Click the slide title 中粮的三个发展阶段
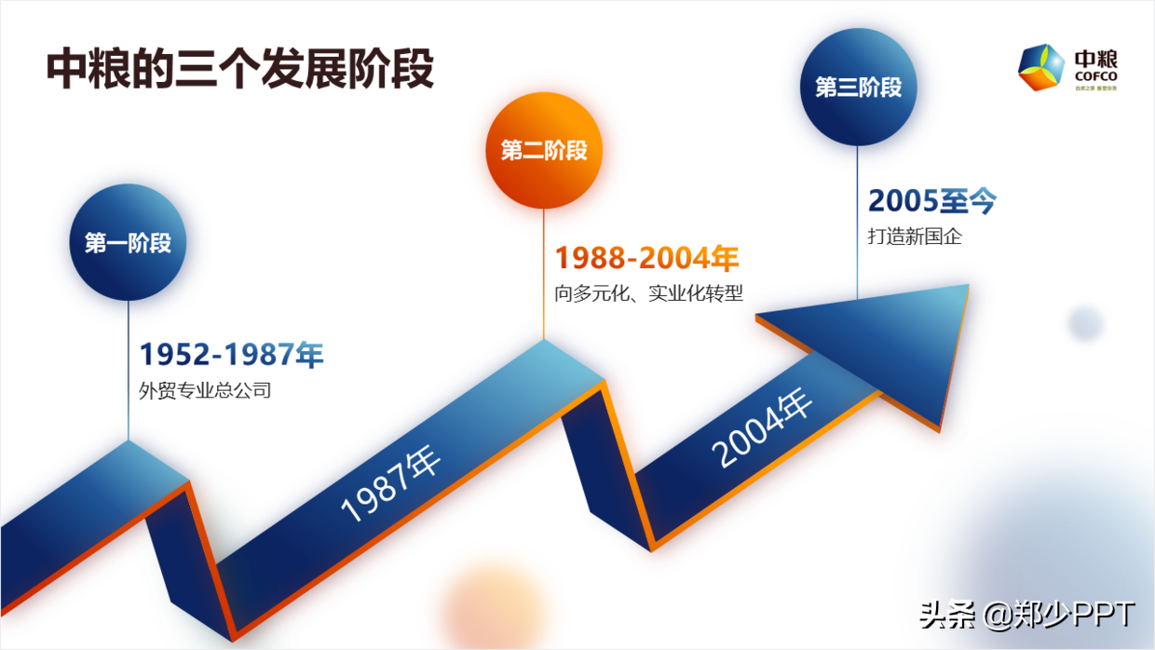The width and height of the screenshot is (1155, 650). point(240,70)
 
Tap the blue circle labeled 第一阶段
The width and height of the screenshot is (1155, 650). point(128,243)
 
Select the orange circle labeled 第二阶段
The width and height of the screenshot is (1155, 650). point(544,150)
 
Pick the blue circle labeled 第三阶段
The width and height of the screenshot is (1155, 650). point(858,87)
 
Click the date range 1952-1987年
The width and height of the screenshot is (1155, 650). point(231,355)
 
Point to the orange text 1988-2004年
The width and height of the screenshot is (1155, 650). point(646,258)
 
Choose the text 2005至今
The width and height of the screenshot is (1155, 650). point(931,201)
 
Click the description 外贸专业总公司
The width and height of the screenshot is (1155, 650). point(205,391)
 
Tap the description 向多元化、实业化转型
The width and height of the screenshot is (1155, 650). point(648,293)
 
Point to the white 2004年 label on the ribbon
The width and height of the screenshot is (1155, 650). point(762,429)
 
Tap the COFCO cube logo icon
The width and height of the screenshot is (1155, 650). point(1041,67)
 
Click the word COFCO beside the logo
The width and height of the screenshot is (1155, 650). point(1095,75)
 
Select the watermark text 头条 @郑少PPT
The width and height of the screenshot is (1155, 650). point(1026,615)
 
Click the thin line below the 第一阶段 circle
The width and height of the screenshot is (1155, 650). point(129,372)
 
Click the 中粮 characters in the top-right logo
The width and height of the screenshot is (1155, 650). point(1095,56)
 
